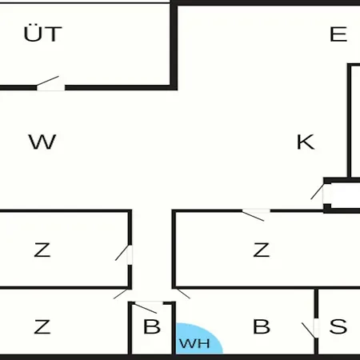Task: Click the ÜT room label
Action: click(x=42, y=34)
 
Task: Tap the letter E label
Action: click(x=338, y=34)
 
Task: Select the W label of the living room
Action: click(x=42, y=142)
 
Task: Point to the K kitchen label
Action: click(x=306, y=142)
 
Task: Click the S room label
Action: click(x=338, y=326)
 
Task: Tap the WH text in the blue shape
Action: click(x=194, y=343)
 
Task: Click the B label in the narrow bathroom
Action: click(x=152, y=326)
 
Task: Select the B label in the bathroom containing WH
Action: click(x=262, y=326)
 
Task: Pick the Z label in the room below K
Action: click(x=262, y=250)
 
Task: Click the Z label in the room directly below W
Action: click(x=42, y=250)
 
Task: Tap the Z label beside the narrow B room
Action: click(x=42, y=326)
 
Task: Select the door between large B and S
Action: click(x=309, y=330)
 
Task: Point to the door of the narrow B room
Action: click(x=146, y=308)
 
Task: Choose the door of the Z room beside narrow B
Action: click(x=121, y=294)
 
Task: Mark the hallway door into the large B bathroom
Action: click(x=183, y=294)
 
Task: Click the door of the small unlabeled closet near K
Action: click(x=318, y=191)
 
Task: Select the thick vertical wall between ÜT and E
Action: click(x=174, y=46)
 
